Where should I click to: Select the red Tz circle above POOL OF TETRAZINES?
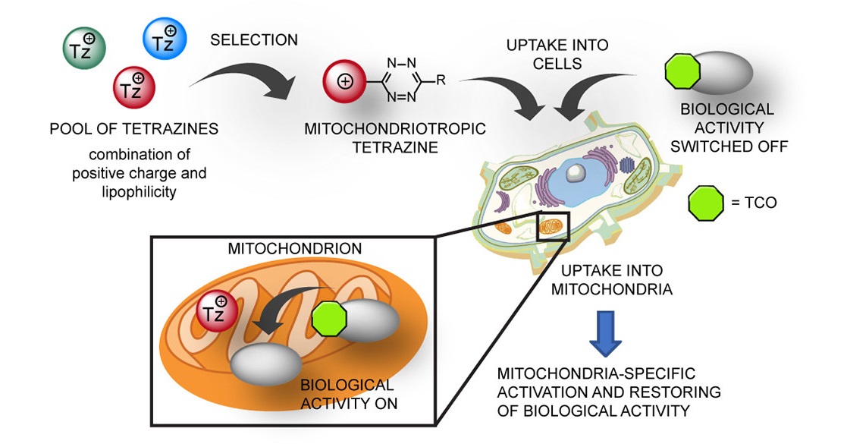click(x=134, y=85)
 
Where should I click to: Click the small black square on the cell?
click(x=551, y=226)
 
